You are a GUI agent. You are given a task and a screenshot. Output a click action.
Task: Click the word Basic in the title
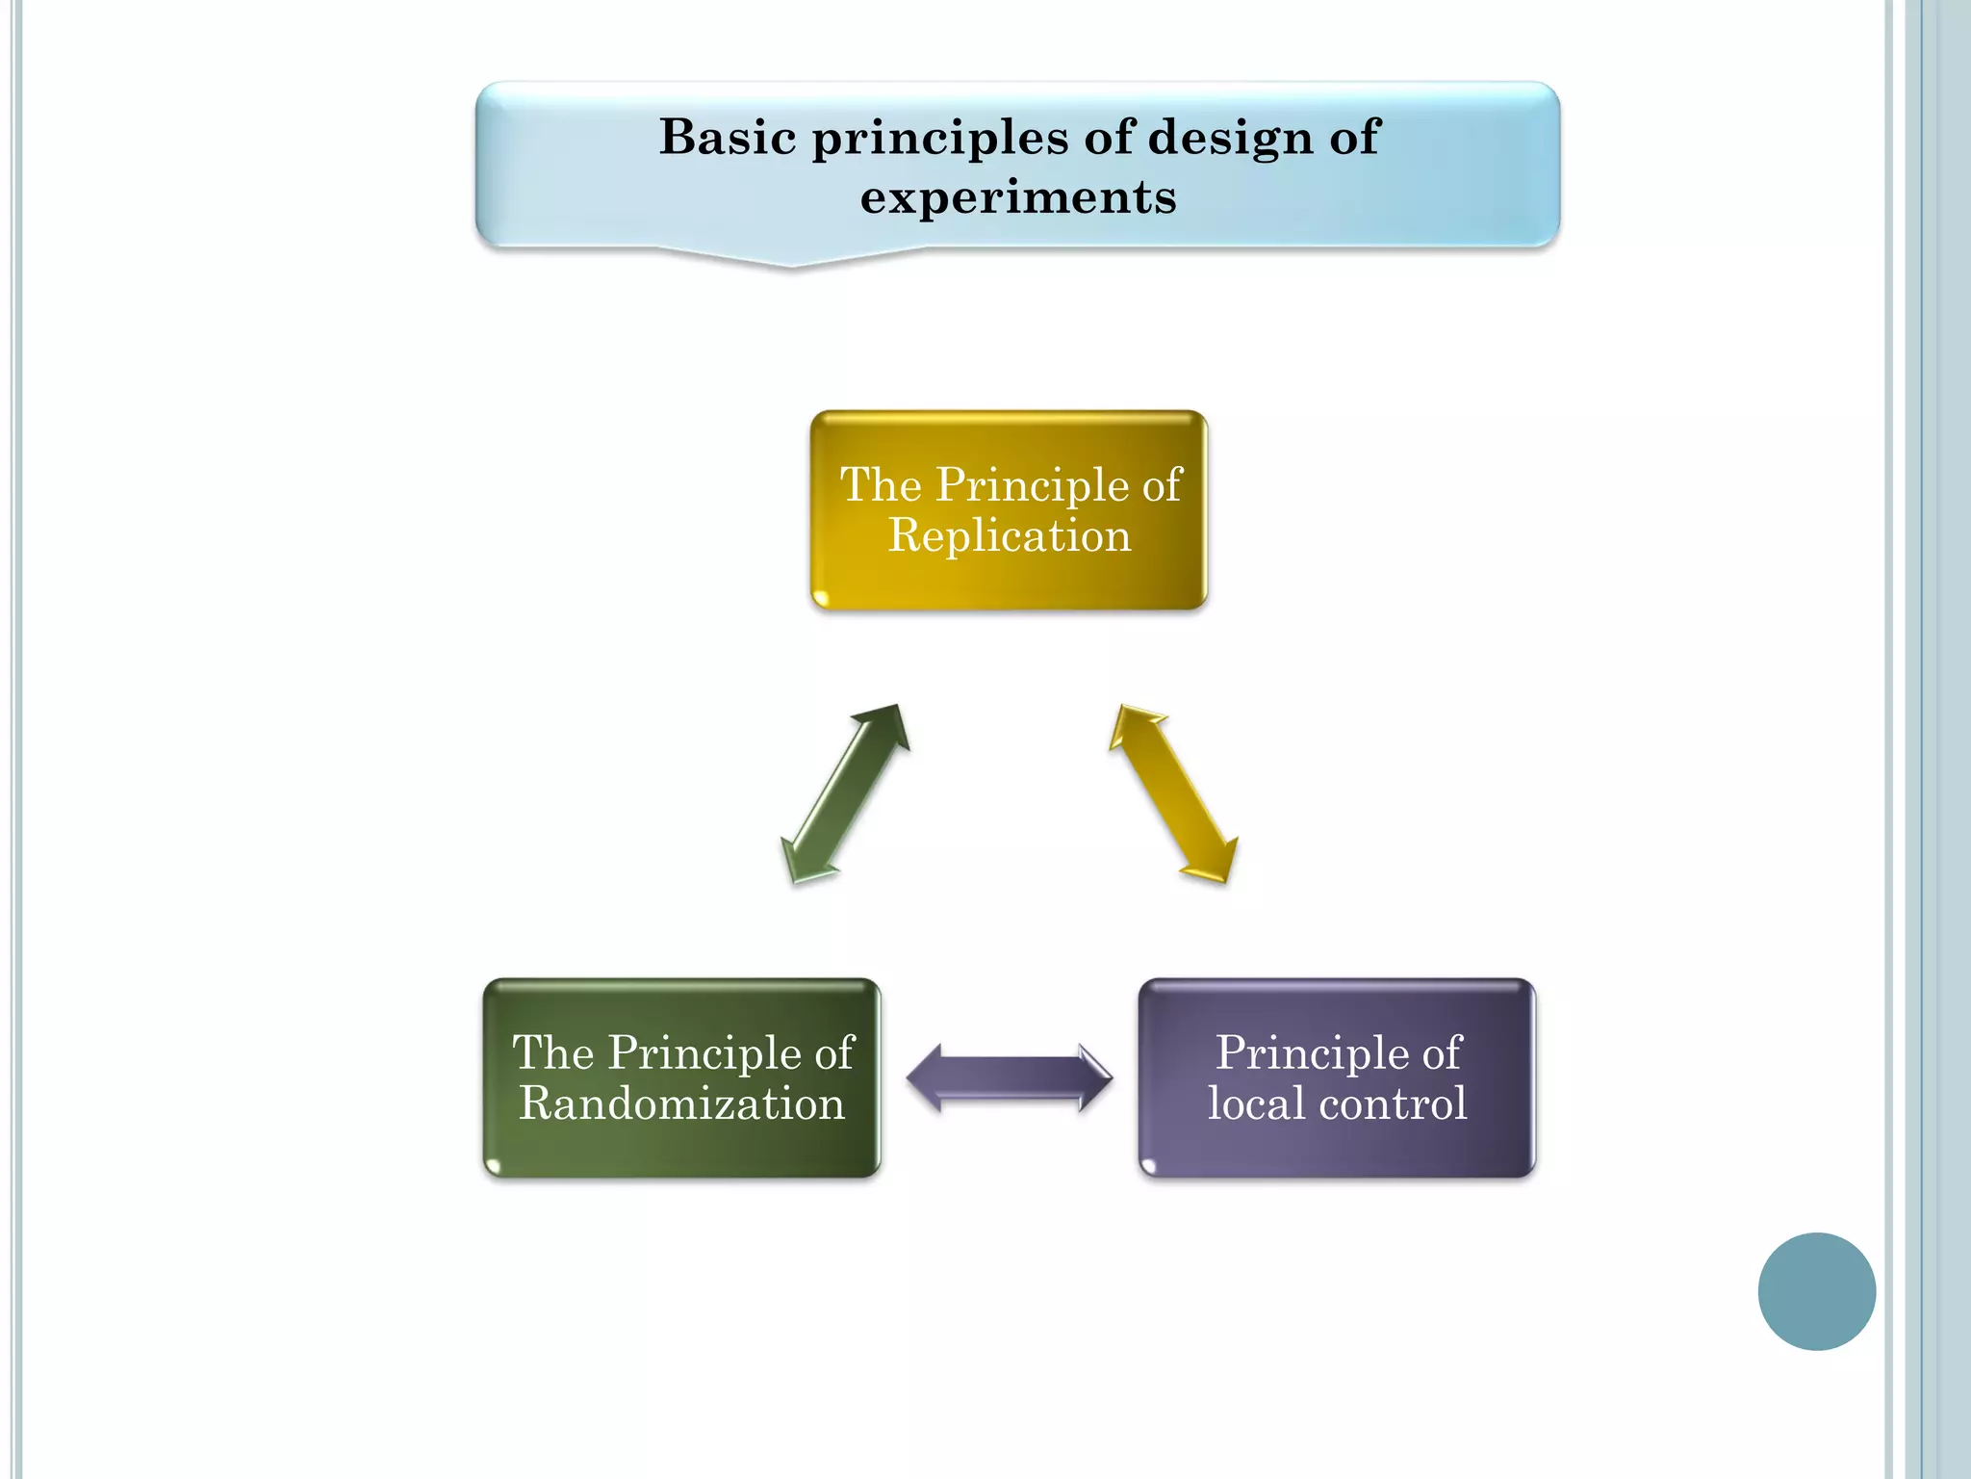[728, 137]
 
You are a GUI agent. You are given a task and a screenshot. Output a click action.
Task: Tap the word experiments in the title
[1018, 197]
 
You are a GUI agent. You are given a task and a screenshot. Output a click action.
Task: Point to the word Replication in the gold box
[1009, 535]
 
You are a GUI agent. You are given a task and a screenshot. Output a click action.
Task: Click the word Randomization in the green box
[681, 1103]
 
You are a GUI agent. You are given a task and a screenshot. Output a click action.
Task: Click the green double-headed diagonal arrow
[845, 793]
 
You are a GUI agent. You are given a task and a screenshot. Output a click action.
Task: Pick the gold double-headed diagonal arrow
[1173, 793]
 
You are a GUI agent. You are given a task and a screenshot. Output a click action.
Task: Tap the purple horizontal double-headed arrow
[1009, 1077]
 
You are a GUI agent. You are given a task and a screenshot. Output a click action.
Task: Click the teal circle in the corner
[1816, 1291]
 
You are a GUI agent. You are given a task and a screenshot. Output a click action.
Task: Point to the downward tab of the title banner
[792, 258]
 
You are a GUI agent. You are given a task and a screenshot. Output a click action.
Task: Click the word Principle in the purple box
[1301, 1052]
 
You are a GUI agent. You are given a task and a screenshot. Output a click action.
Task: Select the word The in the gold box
[881, 484]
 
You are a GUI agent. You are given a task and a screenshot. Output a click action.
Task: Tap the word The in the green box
[552, 1052]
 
